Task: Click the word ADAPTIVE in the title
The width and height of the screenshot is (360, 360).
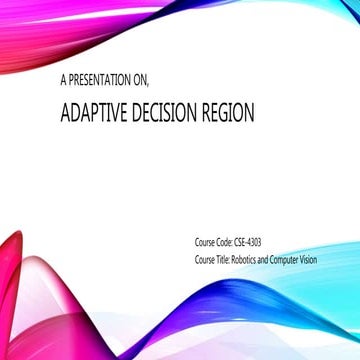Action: click(91, 112)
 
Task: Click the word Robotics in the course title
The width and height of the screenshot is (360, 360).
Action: click(247, 260)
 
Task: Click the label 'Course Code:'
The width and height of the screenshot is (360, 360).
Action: click(212, 242)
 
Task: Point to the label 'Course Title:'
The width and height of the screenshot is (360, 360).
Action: click(212, 260)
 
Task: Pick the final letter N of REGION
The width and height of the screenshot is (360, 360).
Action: click(249, 112)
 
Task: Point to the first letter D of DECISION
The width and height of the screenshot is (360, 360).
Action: click(131, 112)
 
